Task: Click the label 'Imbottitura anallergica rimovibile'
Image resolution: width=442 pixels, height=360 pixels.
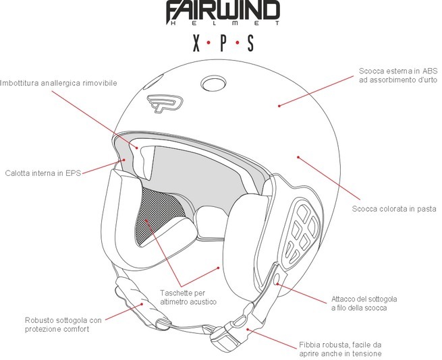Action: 59,83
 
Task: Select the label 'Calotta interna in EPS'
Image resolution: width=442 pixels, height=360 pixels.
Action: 43,173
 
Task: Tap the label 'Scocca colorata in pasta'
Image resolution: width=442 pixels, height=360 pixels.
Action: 394,209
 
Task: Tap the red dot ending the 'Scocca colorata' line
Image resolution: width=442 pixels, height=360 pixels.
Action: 297,156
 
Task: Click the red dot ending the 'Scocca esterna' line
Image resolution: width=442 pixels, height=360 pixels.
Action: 279,105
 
